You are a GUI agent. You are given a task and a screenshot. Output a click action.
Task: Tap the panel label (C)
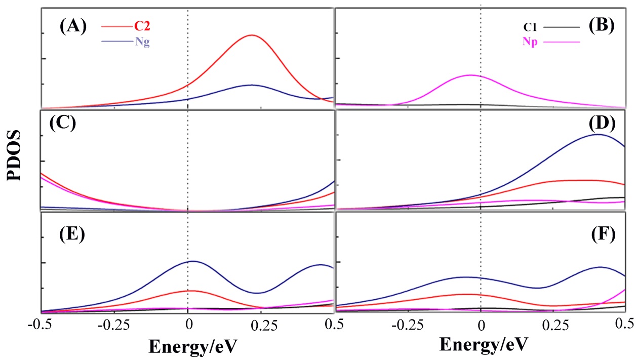pyautogui.click(x=61, y=124)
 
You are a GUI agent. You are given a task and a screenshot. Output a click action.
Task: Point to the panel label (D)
pyautogui.click(x=601, y=123)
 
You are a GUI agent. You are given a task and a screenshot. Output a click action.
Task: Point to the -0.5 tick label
pyautogui.click(x=43, y=324)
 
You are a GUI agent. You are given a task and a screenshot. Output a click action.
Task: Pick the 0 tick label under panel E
pyautogui.click(x=188, y=324)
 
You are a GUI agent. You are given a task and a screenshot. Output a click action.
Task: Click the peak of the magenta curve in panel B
pyautogui.click(x=470, y=75)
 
